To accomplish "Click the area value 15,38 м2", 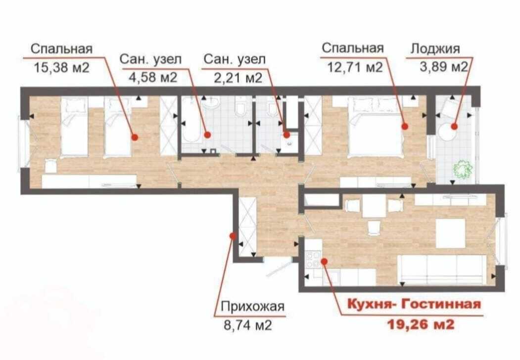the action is pos(62,68).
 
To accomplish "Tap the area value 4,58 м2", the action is pos(153,78).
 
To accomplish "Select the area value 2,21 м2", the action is pos(238,78).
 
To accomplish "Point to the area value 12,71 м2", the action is pos(355,68).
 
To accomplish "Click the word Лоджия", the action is pos(435,49).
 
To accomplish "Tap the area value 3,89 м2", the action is pos(444,67).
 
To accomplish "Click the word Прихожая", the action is pos(253,306).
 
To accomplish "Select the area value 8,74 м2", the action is pos(248,325).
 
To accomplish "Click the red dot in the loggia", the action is pos(454,126).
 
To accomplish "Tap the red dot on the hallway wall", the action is pos(233,236).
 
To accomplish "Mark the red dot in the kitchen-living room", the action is pos(324,262).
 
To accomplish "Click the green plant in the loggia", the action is pos(463,170).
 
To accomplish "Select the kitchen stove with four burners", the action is pos(313,259).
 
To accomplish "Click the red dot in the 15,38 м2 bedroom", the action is pos(135,137).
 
